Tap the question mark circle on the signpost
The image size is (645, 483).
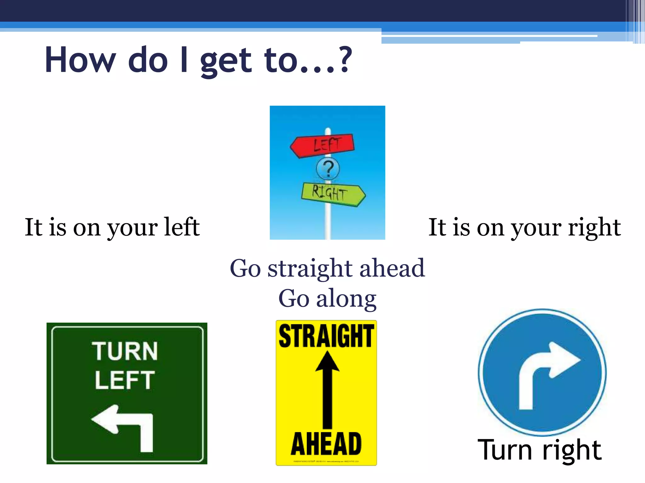coord(328,169)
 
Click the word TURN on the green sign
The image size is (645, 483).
coord(125,351)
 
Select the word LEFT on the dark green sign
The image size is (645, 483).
coord(125,380)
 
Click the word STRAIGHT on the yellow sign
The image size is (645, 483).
coord(326,336)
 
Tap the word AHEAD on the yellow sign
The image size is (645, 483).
coord(326,444)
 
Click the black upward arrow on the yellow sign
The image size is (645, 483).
coord(328,390)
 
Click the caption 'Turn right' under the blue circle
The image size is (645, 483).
coord(539,450)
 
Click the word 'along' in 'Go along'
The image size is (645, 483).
coord(346,299)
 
